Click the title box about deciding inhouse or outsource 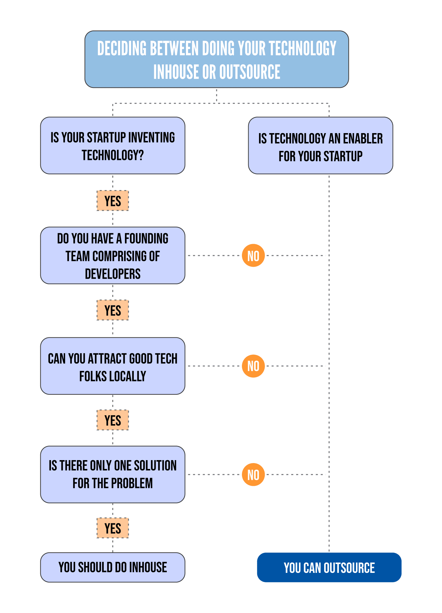(x=217, y=59)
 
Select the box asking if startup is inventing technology (x=113, y=146)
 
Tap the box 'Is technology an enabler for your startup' (x=320, y=146)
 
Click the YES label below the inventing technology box (x=113, y=201)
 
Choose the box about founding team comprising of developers (x=113, y=256)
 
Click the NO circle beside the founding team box (x=253, y=256)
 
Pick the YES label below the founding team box (x=113, y=310)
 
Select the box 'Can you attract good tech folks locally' (x=113, y=366)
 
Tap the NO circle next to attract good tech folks (x=253, y=366)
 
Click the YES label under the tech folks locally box (x=113, y=420)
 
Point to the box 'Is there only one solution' (x=113, y=475)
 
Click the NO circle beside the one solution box (x=253, y=475)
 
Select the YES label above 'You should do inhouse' (x=113, y=528)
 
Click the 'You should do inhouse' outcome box (x=113, y=567)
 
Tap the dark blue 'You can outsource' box (x=329, y=568)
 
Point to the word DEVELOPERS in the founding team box (x=113, y=274)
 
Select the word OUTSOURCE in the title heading (x=250, y=72)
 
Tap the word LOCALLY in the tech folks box (x=128, y=376)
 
